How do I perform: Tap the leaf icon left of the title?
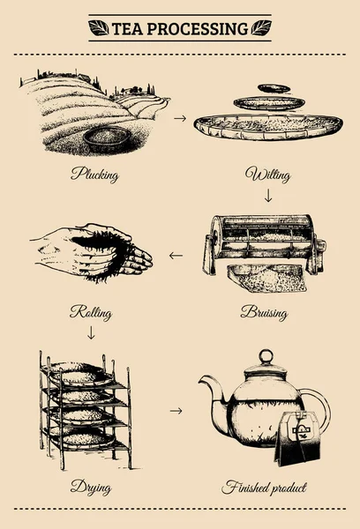99,28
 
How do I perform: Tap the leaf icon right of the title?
261,28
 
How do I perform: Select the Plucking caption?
95,174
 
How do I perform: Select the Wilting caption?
267,174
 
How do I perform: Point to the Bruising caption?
266,312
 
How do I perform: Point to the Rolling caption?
91,312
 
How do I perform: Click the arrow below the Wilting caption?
268,197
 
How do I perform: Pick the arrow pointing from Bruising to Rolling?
176,257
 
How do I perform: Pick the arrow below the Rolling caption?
91,334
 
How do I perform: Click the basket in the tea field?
109,138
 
